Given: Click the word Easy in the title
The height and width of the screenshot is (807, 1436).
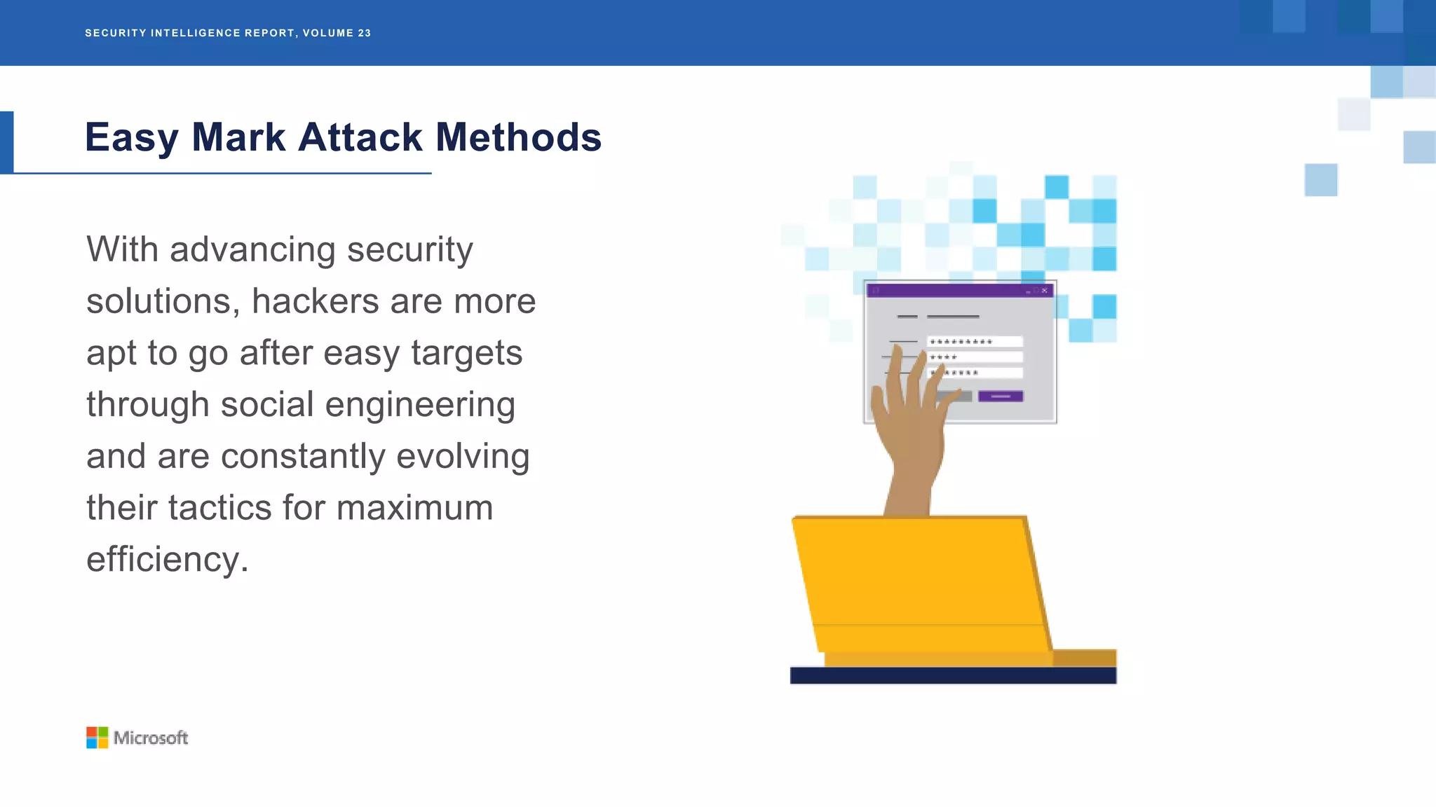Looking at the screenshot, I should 132,138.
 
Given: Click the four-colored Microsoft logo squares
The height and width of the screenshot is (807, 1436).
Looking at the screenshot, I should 97,738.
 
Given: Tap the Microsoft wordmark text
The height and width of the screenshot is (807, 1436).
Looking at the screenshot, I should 151,738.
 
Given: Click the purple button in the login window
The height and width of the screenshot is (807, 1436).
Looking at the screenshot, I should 1000,396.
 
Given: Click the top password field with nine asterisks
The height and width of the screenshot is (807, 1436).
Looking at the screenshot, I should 975,342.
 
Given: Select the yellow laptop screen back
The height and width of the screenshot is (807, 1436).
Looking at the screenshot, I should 919,581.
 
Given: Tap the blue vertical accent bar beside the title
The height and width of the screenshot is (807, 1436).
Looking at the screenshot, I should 6,142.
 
